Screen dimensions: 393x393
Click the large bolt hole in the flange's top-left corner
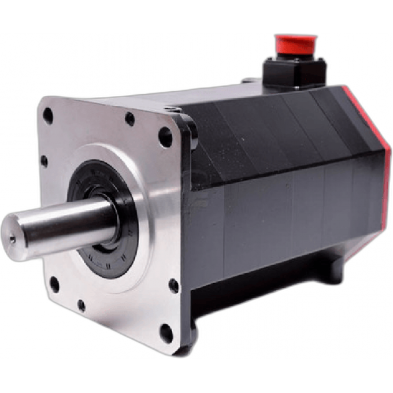[x=48, y=115]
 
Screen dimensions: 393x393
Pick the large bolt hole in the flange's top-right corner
[x=166, y=138]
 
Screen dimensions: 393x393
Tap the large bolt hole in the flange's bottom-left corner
[x=54, y=284]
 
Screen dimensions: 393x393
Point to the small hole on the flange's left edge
[x=45, y=161]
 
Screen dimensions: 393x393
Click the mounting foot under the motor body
[x=324, y=272]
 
